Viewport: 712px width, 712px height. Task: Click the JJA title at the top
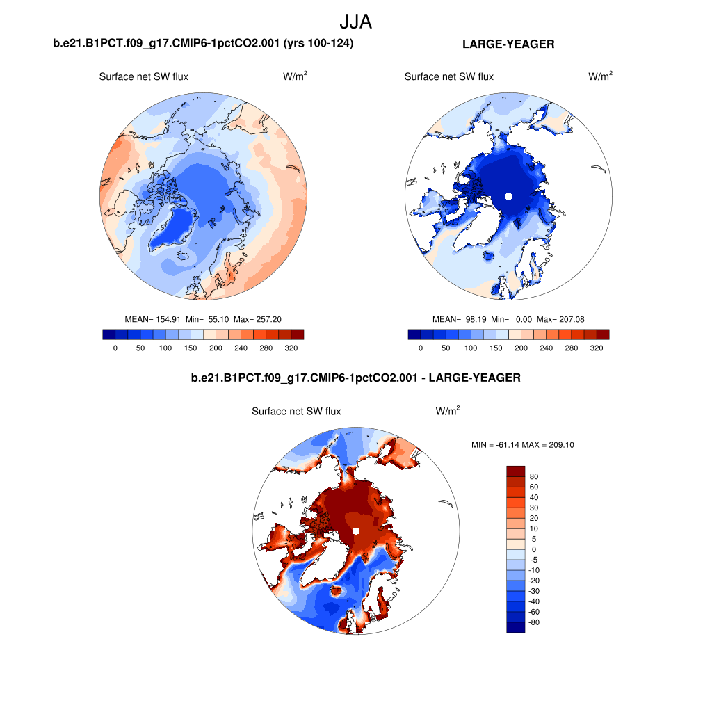pos(356,22)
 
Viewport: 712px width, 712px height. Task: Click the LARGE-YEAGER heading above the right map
pos(508,44)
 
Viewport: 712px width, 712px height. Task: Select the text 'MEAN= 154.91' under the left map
pos(148,319)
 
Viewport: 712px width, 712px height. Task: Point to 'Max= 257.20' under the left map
pos(257,319)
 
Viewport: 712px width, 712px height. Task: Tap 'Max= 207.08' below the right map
pos(562,319)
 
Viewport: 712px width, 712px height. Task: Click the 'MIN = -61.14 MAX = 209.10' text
pos(522,445)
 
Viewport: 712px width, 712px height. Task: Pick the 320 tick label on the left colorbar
pos(291,348)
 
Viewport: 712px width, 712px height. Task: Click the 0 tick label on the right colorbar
pos(421,348)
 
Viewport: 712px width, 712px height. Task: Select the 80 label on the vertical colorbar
pos(534,476)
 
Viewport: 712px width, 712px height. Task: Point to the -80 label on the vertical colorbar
pos(534,622)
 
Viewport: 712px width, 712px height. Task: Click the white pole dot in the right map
pos(508,196)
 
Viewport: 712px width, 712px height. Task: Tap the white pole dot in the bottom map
pos(355,531)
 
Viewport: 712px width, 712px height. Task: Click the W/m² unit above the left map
pos(296,76)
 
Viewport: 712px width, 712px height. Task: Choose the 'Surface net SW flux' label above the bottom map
pos(296,412)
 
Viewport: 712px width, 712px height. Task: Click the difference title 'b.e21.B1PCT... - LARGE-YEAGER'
pos(355,378)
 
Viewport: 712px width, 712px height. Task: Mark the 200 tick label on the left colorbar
pos(216,348)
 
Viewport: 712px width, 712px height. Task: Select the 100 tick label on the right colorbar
pos(471,348)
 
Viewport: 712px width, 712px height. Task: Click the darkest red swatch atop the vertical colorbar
pos(515,471)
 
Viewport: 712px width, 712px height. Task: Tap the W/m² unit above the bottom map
pos(448,412)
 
